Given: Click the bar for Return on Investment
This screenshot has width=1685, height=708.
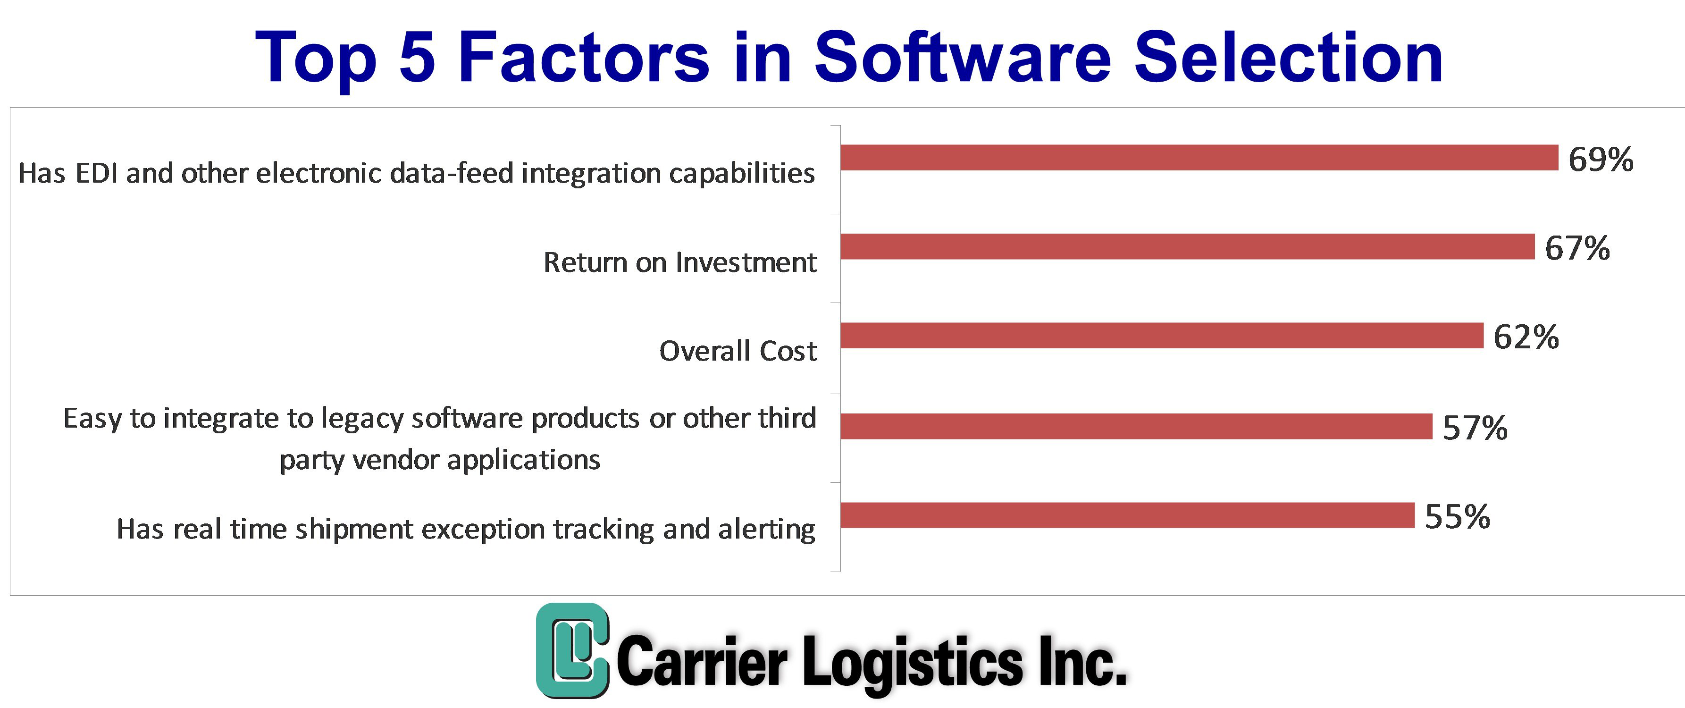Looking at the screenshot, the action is point(1187,247).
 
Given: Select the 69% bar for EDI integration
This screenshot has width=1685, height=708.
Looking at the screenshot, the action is point(1199,158).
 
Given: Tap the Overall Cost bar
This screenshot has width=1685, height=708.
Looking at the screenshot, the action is point(1162,336).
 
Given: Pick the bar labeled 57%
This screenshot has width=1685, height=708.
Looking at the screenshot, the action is point(1136,426).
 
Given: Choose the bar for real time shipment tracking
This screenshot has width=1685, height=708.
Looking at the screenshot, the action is point(1128,515).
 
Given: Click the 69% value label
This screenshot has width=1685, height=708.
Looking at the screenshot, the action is point(1601,160).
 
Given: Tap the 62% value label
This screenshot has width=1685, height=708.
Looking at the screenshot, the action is point(1526,337).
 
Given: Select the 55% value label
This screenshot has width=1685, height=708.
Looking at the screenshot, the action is point(1458,517).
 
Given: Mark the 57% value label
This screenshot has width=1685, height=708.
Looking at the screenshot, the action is point(1475,428).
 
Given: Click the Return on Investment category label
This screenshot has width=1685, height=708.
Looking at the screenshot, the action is point(679,262).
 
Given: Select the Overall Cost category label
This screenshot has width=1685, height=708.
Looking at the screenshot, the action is point(738,351).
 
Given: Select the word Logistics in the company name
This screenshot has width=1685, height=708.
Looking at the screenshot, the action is point(913,663).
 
